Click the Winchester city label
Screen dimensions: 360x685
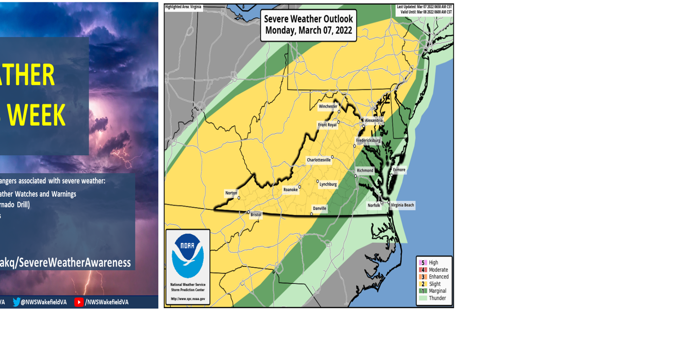pos(328,107)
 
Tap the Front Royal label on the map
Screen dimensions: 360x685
pos(327,125)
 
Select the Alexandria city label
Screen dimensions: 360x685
pos(374,120)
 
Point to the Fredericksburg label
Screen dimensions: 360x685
pos(368,141)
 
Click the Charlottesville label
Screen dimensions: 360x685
pos(318,160)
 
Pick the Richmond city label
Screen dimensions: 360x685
pos(365,171)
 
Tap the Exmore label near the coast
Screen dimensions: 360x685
pos(399,170)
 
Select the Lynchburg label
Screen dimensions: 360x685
pos(328,184)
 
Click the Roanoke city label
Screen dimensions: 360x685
pos(290,190)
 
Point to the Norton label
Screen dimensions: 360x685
pos(231,193)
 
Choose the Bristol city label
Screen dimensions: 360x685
pos(256,215)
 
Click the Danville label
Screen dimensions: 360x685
pos(319,209)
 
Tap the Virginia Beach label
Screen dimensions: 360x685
pos(403,205)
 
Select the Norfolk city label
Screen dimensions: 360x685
pos(374,206)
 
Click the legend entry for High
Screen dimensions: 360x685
pos(433,263)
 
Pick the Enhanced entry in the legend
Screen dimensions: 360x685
pos(438,277)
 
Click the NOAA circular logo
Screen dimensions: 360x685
pos(188,255)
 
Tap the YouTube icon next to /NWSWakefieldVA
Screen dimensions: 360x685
pos(79,302)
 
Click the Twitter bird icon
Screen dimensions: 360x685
pos(17,302)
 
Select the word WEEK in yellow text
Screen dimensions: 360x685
pos(36,116)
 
